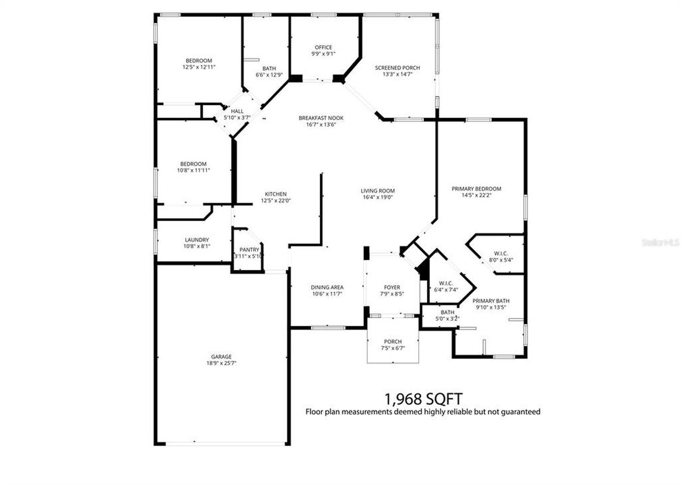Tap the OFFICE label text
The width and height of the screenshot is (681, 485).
tap(323, 47)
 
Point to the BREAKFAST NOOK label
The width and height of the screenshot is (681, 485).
tap(322, 117)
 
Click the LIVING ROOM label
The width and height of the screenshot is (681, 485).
tap(377, 191)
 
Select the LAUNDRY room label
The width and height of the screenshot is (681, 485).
tap(197, 240)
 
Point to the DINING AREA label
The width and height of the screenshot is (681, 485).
tap(327, 287)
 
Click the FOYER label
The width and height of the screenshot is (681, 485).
tap(392, 287)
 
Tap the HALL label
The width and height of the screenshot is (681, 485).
tap(237, 112)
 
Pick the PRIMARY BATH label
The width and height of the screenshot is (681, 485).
tap(490, 300)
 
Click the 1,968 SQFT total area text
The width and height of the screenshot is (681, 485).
tap(423, 398)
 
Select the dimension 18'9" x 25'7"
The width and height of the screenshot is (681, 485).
tap(221, 363)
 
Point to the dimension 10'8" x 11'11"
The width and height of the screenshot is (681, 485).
tap(193, 170)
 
